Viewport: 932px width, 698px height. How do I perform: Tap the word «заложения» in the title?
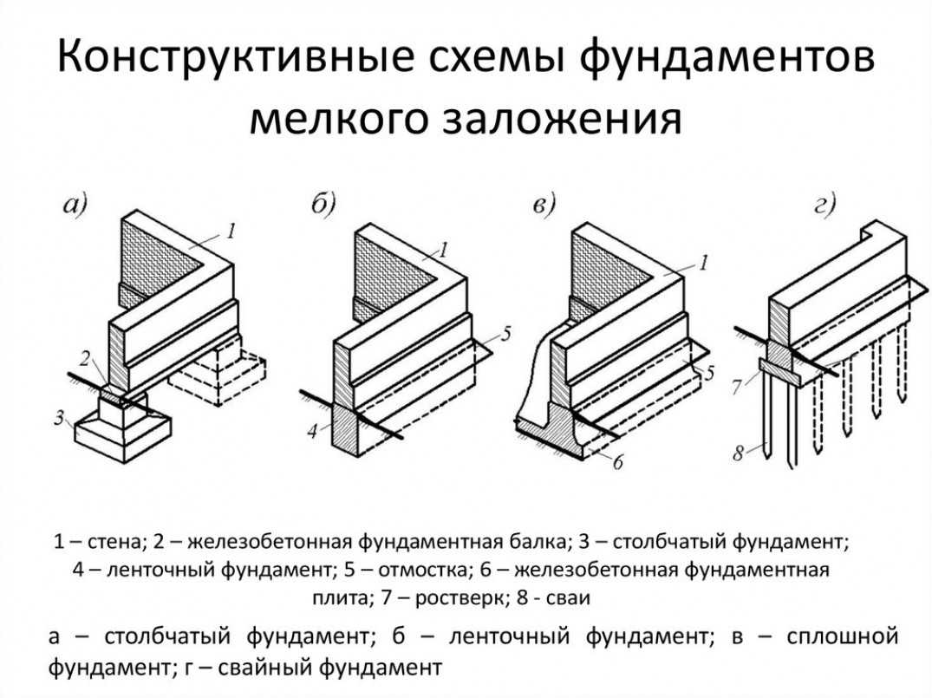coord(564,120)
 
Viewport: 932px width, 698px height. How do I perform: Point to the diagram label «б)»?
coord(323,205)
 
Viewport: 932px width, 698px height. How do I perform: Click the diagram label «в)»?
coord(544,205)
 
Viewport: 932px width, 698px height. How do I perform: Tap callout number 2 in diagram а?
coord(88,357)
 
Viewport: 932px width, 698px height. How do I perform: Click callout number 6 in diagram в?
coord(618,463)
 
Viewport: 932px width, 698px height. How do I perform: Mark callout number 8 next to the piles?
coord(739,453)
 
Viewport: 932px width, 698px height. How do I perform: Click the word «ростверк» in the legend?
coord(459,598)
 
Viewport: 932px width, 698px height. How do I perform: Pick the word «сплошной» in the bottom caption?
coord(839,637)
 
